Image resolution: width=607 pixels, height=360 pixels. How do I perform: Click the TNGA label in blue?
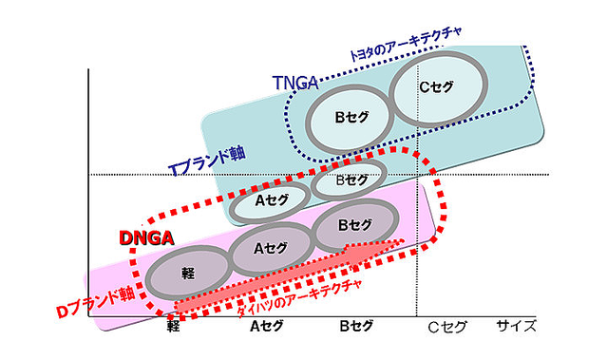click(x=295, y=83)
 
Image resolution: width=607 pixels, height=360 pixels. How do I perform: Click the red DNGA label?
click(x=146, y=237)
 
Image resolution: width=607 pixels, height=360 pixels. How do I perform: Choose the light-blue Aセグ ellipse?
click(x=270, y=201)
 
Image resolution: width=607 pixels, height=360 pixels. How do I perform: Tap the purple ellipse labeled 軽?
click(x=188, y=275)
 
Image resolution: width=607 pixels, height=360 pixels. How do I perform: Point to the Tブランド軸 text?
click(x=207, y=161)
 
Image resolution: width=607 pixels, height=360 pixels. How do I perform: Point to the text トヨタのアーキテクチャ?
click(x=406, y=44)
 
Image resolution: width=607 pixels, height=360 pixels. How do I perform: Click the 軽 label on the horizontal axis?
click(x=173, y=327)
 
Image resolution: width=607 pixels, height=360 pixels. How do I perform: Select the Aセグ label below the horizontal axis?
click(x=266, y=327)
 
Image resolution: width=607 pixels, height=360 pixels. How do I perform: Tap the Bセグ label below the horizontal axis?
click(x=356, y=326)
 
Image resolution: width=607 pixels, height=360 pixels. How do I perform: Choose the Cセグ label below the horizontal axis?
click(x=447, y=327)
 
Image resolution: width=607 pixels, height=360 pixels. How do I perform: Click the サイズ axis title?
click(x=517, y=326)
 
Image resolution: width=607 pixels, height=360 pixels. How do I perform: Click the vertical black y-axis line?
click(x=88, y=193)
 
